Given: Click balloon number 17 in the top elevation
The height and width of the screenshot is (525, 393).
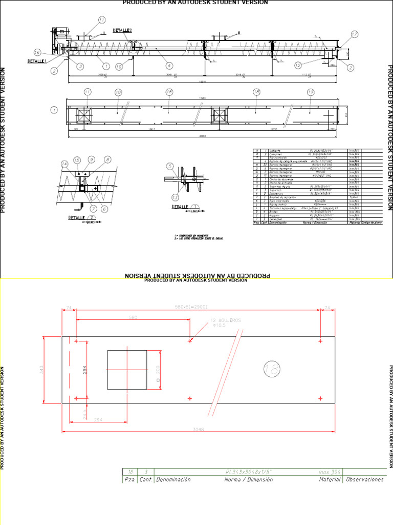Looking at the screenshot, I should (x=354, y=34).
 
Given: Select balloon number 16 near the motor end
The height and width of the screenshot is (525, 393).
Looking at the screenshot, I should (x=37, y=52).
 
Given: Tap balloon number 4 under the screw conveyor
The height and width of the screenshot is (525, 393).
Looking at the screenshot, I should (x=169, y=66).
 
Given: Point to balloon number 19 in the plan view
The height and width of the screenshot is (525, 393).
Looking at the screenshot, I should (x=310, y=92).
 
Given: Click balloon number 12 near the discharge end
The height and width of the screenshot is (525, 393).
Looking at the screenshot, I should (x=298, y=66).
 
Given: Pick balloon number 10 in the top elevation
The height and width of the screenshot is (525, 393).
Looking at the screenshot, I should (x=119, y=66).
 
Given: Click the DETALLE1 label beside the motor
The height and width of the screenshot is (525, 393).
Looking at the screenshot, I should (x=37, y=61).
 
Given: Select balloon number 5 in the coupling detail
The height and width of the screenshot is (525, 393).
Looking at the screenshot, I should (x=170, y=166).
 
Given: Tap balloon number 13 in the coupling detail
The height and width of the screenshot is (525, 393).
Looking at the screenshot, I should (x=176, y=197).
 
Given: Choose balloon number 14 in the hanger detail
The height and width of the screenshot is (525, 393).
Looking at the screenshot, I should (x=64, y=164).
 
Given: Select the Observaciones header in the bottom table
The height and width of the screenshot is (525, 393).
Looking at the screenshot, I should (x=365, y=479).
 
